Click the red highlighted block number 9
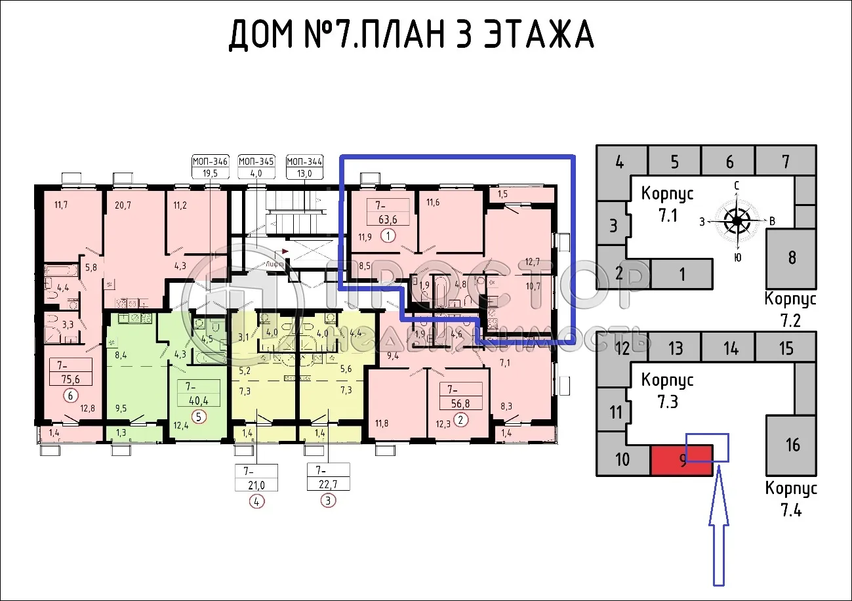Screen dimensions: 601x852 (x=681, y=460)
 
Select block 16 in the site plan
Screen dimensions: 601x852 (x=792, y=445)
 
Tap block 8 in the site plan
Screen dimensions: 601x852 (x=792, y=257)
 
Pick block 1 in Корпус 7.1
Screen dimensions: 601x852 (x=681, y=274)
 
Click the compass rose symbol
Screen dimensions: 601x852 (x=737, y=221)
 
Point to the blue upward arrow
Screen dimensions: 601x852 (x=720, y=525)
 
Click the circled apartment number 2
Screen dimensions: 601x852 (x=462, y=421)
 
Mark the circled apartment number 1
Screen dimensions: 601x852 (x=388, y=236)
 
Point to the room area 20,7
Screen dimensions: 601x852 (x=122, y=205)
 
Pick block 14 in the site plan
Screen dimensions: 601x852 (x=730, y=348)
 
